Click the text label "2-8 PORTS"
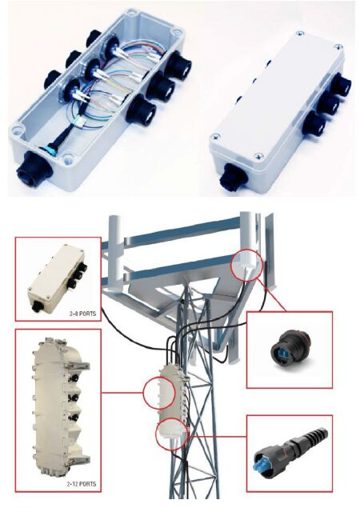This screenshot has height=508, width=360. (82, 314)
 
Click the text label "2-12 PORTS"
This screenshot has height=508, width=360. (82, 484)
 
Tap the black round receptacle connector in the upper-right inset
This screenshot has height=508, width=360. (290, 350)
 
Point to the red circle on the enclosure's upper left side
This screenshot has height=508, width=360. (158, 392)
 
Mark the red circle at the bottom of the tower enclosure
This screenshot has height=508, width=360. (172, 434)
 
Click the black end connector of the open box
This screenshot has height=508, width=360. (33, 167)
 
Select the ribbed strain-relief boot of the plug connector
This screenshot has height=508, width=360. (310, 437)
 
